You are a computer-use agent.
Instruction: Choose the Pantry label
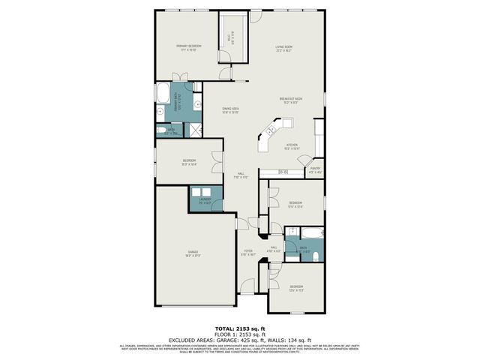pos(316,169)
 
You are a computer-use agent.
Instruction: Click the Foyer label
pos(248,253)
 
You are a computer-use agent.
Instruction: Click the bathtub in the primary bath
pos(163,94)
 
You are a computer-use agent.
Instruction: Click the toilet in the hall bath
pos(316,257)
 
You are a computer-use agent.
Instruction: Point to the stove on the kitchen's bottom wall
pos(283,172)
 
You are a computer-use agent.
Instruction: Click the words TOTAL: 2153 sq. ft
pos(240,328)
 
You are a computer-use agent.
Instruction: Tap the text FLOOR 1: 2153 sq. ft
pos(240,334)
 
